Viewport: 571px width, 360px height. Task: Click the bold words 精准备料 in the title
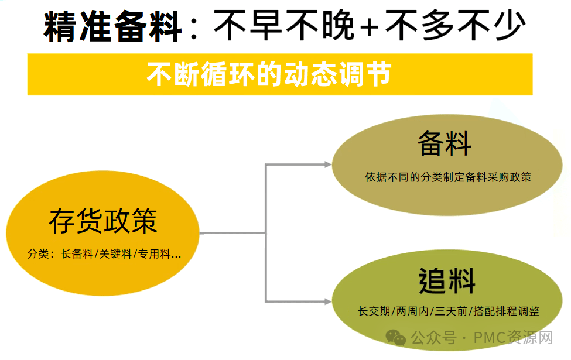[x=112, y=26]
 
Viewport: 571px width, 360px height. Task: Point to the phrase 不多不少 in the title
[x=455, y=26]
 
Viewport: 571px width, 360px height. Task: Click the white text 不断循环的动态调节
[x=269, y=74]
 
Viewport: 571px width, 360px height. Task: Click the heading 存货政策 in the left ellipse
[x=103, y=221]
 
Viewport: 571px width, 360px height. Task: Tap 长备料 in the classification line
[x=77, y=253]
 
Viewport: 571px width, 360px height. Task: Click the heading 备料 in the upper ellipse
[x=445, y=143]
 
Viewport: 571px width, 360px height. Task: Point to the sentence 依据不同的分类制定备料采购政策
[x=448, y=177]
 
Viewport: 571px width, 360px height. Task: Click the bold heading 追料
[x=447, y=280]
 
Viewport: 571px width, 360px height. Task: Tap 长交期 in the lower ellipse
[x=374, y=311]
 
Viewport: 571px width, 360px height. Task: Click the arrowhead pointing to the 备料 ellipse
[x=327, y=164]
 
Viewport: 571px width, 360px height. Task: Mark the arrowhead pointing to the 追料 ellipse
[x=327, y=301]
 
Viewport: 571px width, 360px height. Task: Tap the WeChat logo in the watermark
[x=396, y=337]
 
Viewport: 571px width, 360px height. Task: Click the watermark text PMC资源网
[x=513, y=337]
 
